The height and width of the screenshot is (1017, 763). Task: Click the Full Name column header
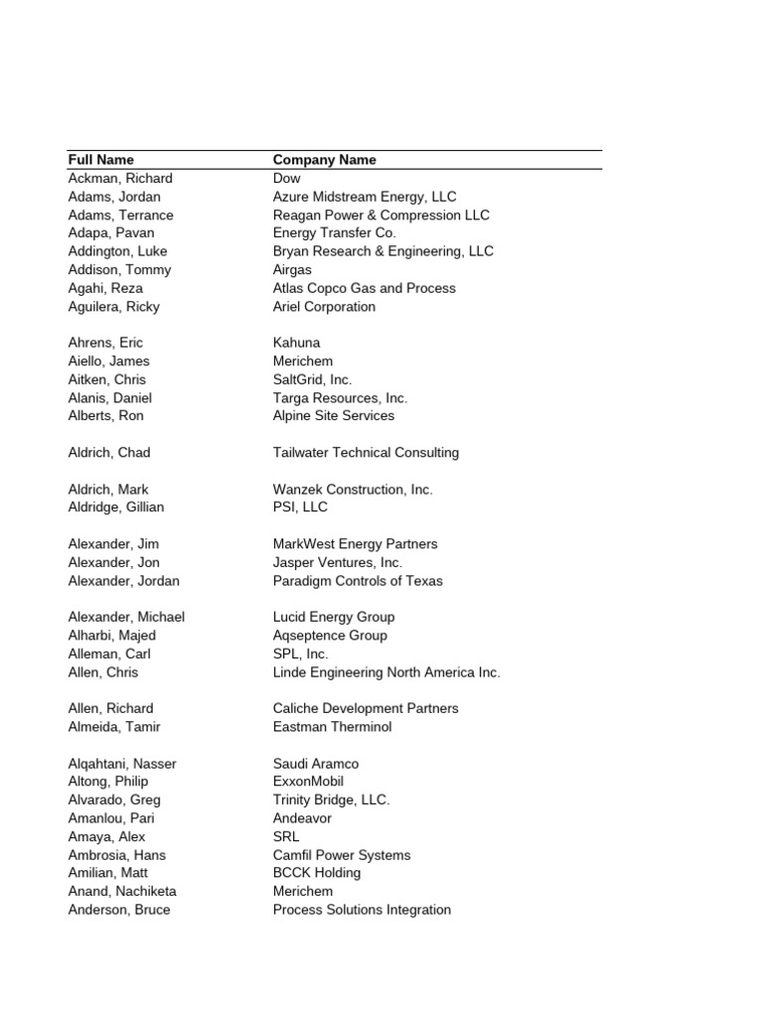click(x=100, y=160)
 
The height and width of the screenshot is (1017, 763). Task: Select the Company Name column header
click(x=324, y=160)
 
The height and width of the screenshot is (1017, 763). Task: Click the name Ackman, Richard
click(x=120, y=179)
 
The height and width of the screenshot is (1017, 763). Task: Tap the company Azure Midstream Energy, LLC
click(x=365, y=197)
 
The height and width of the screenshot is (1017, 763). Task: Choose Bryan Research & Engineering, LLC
click(x=382, y=251)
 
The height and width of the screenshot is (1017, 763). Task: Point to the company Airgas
click(x=292, y=270)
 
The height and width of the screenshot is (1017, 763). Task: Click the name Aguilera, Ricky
click(x=113, y=307)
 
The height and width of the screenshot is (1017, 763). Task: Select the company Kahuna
click(x=297, y=344)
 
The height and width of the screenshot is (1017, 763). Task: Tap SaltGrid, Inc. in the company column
click(x=312, y=379)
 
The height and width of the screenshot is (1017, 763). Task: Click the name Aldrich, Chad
click(x=109, y=453)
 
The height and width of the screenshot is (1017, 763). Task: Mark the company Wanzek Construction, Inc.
click(x=353, y=490)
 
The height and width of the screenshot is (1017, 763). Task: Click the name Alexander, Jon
click(x=113, y=562)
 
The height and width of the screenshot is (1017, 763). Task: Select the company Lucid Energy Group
click(x=334, y=617)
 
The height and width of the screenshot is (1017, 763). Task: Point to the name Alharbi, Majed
click(x=111, y=636)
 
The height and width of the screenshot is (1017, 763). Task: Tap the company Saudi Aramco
click(x=316, y=764)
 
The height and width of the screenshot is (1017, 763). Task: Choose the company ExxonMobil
click(x=308, y=782)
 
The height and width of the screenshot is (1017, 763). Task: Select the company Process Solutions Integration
click(x=362, y=910)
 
